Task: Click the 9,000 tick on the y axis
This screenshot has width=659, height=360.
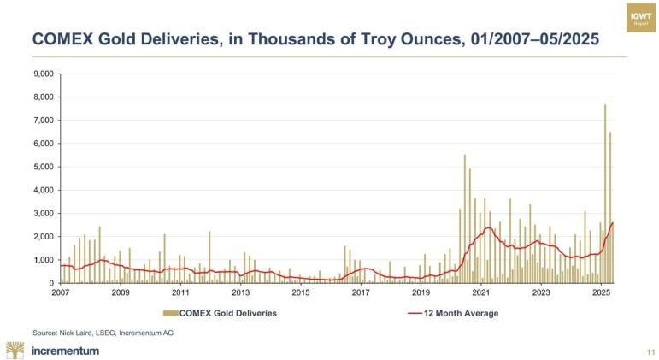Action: click(x=42, y=74)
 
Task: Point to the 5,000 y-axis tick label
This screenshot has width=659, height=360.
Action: click(x=42, y=167)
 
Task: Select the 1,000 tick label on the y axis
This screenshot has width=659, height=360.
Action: click(x=42, y=260)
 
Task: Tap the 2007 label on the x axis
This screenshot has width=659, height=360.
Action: click(x=60, y=292)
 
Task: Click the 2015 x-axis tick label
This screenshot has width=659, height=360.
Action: click(x=301, y=292)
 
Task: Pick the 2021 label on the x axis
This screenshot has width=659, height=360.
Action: click(x=481, y=292)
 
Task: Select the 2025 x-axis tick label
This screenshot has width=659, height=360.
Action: click(x=601, y=292)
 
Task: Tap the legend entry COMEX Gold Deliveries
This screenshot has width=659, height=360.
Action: click(x=228, y=314)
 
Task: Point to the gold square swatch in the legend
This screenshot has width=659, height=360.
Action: click(x=172, y=314)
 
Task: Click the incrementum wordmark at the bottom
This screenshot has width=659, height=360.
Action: click(x=65, y=350)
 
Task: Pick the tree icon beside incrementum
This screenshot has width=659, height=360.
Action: click(x=15, y=349)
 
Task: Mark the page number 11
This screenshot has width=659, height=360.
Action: click(x=650, y=351)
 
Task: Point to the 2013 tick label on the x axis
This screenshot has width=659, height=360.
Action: click(x=241, y=292)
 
